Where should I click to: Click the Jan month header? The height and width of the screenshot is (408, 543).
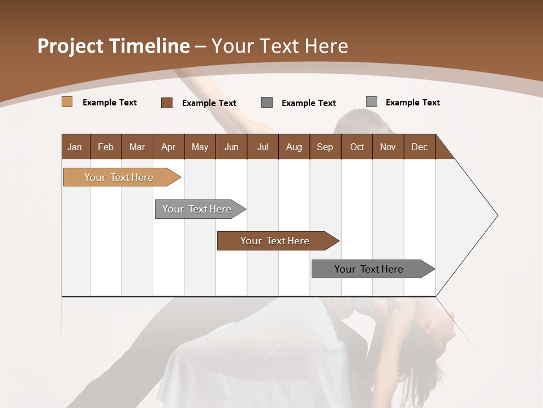pyautogui.click(x=75, y=147)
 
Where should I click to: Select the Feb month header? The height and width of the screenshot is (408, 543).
pyautogui.click(x=106, y=147)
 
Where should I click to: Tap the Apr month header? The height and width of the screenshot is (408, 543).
pyautogui.click(x=169, y=147)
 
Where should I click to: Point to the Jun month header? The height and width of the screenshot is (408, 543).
pyautogui.click(x=231, y=147)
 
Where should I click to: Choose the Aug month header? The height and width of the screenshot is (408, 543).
pyautogui.click(x=294, y=147)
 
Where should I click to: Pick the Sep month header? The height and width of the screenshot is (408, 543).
pyautogui.click(x=325, y=147)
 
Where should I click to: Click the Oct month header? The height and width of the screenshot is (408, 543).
pyautogui.click(x=357, y=147)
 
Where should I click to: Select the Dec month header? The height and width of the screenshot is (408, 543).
pyautogui.click(x=420, y=147)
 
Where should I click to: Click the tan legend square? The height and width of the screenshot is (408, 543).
pyautogui.click(x=67, y=102)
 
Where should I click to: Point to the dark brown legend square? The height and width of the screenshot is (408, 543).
pyautogui.click(x=167, y=103)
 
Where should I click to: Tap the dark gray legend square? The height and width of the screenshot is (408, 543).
pyautogui.click(x=267, y=103)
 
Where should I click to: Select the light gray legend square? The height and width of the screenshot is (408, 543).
pyautogui.click(x=372, y=102)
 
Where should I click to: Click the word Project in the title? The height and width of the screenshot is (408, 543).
pyautogui.click(x=71, y=46)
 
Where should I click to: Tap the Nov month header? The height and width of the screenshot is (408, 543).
pyautogui.click(x=388, y=147)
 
